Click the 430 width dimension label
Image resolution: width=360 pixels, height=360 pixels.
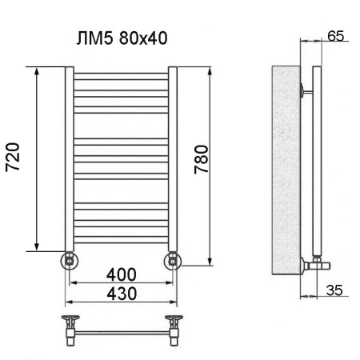tap(120, 293)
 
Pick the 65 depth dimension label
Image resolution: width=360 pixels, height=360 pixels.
tap(335, 36)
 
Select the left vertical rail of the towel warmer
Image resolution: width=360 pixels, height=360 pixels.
tap(69, 160)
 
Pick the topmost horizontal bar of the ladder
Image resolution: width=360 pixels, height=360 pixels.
tap(120, 78)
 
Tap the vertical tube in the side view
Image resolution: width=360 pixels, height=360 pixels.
tap(317, 160)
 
